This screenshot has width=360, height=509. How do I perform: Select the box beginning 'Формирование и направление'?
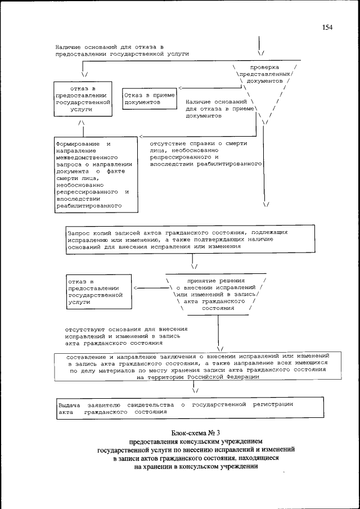click(x=96, y=175)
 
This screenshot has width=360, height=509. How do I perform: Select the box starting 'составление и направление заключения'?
click(x=194, y=367)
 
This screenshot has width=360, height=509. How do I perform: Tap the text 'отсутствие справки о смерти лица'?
click(x=206, y=154)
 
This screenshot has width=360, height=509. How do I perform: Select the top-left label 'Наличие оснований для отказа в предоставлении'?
click(x=121, y=50)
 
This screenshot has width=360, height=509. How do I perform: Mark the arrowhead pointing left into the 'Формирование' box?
click(x=141, y=137)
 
